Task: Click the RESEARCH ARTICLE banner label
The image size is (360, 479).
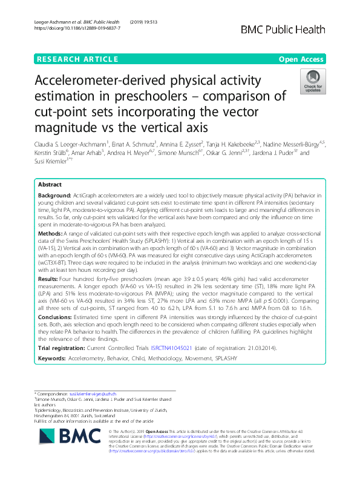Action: (77, 59)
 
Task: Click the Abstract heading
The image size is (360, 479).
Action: (50, 185)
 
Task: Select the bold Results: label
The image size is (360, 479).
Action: (50, 279)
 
